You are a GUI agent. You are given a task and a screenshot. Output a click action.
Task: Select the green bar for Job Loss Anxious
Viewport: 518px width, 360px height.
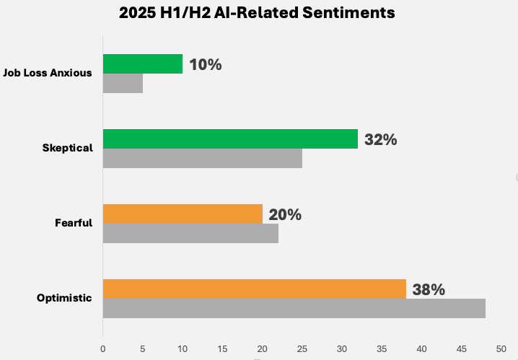coord(143,63)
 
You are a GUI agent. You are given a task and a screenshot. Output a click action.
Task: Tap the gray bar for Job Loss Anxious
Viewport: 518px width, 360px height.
coord(123,83)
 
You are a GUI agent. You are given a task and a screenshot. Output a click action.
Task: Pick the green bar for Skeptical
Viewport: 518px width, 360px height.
coord(230,139)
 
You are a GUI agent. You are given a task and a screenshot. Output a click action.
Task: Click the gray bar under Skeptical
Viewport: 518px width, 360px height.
coord(202,158)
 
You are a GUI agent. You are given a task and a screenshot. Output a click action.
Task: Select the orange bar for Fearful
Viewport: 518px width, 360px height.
coord(183,214)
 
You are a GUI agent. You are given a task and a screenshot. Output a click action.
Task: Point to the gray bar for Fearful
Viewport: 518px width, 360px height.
coord(190,233)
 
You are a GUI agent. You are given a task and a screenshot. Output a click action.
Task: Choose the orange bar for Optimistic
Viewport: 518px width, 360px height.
coord(254,289)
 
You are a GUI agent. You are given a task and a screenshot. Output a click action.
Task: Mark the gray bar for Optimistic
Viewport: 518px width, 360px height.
coord(294,308)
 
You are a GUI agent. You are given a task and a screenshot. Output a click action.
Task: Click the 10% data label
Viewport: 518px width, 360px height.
coord(205,65)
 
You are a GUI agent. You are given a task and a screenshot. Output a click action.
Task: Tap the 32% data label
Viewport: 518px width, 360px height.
coord(380,140)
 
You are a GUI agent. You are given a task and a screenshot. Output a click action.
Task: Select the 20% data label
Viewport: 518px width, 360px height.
coord(285,215)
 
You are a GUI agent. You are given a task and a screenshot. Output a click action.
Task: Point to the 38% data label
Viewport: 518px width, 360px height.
coord(429,290)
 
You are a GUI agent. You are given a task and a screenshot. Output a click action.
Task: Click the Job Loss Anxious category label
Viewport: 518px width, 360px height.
coord(48,73)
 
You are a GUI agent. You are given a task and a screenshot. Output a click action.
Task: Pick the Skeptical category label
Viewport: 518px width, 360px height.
coord(68,148)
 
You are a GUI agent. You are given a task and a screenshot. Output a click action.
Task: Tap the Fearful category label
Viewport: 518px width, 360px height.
coord(74,223)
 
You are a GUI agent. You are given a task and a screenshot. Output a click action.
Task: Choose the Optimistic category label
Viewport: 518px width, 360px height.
coord(65,298)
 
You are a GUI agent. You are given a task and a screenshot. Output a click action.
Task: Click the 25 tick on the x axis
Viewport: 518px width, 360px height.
coord(302,349)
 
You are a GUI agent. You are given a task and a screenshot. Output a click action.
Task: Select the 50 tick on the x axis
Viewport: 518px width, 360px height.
coord(501,349)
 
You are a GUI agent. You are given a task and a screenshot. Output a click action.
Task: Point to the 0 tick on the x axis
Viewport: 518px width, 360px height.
coord(103,349)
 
